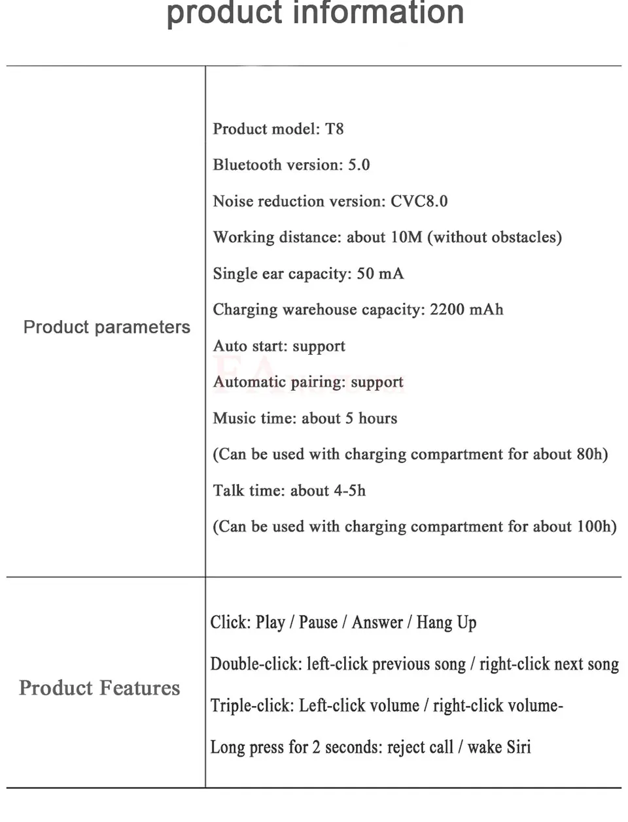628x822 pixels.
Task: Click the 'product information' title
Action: tap(315, 13)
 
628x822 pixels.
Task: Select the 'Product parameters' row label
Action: tap(107, 327)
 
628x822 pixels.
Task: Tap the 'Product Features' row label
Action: tap(99, 687)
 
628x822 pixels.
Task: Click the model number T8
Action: tap(334, 129)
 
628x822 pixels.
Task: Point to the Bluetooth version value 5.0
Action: tap(358, 165)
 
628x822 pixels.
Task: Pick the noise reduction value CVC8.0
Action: tap(419, 201)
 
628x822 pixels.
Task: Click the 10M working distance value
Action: tap(406, 237)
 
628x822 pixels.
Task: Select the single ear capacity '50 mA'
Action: tap(380, 273)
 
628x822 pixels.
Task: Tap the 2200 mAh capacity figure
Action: tap(466, 309)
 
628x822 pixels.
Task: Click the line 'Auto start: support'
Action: tap(279, 346)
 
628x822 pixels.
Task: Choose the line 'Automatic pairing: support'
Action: tap(308, 382)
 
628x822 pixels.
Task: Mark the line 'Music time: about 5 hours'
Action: tap(305, 418)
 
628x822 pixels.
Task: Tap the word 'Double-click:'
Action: tap(255, 664)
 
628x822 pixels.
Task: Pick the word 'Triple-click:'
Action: tap(252, 706)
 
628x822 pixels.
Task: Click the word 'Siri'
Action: tap(519, 747)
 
